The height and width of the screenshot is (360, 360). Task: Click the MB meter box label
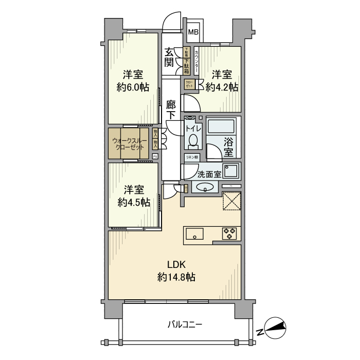(x=193, y=32)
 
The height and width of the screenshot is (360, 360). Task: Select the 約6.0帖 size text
(x=133, y=87)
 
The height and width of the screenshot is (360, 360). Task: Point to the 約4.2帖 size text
(x=222, y=87)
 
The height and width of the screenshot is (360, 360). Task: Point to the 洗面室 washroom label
(x=210, y=175)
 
